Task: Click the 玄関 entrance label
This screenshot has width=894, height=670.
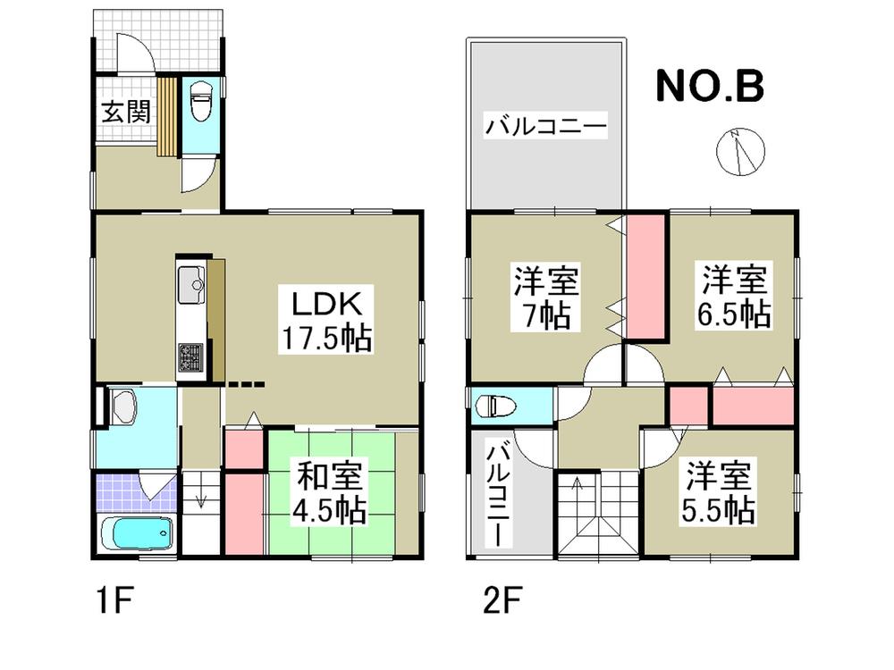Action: coord(124,113)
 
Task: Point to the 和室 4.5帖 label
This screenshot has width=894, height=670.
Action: coord(330,493)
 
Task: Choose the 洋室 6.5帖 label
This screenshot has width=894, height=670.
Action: coord(735,297)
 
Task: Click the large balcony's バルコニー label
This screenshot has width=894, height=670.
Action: coord(546,126)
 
